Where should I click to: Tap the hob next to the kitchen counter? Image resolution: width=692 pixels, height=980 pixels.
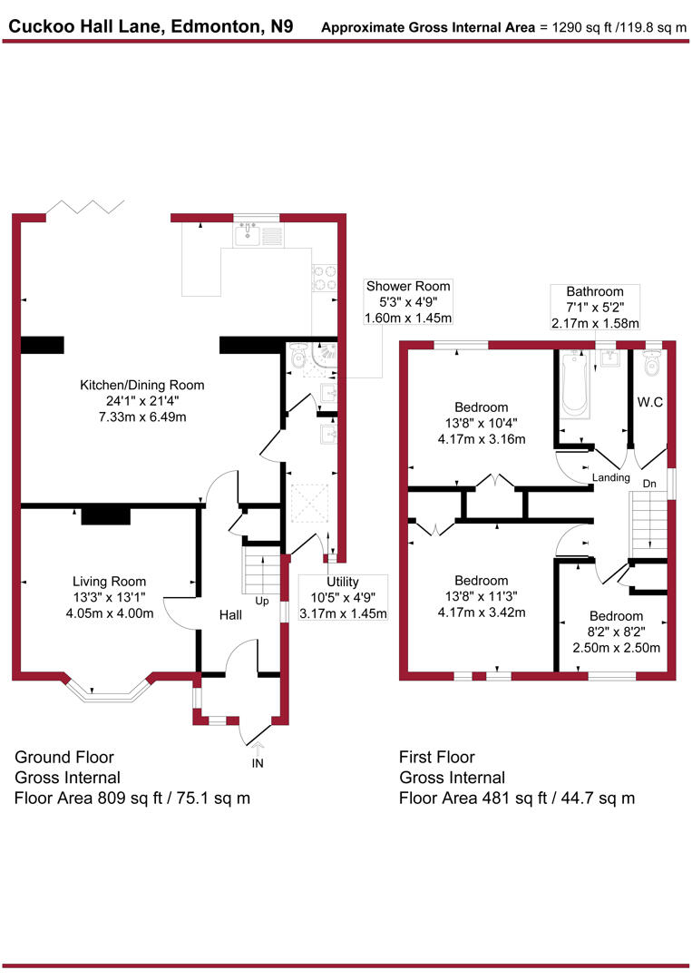(325, 276)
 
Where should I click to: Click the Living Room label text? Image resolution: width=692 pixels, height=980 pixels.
(109, 582)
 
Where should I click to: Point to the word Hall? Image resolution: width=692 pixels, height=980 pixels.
(230, 615)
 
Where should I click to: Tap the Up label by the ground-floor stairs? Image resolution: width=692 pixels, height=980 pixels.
(262, 601)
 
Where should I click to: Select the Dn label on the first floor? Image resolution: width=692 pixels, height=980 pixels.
(649, 484)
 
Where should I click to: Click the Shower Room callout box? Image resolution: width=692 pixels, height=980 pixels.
(407, 302)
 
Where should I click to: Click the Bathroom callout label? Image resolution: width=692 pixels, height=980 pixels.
(595, 307)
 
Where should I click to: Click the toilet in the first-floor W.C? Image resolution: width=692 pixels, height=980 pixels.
(651, 365)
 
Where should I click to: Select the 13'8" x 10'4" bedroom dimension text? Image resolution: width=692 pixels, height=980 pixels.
(481, 424)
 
